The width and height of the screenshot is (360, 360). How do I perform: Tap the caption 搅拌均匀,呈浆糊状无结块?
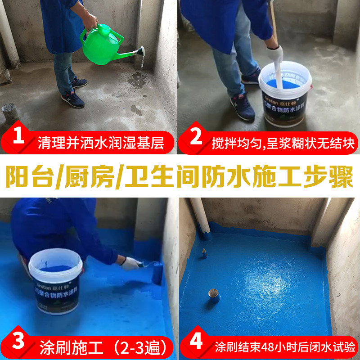(x=283, y=144)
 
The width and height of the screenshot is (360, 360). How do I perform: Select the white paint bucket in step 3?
(x=54, y=281)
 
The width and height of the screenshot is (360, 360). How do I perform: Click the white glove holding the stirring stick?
(x=274, y=54)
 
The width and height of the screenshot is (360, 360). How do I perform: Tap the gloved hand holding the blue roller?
(x=130, y=263)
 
